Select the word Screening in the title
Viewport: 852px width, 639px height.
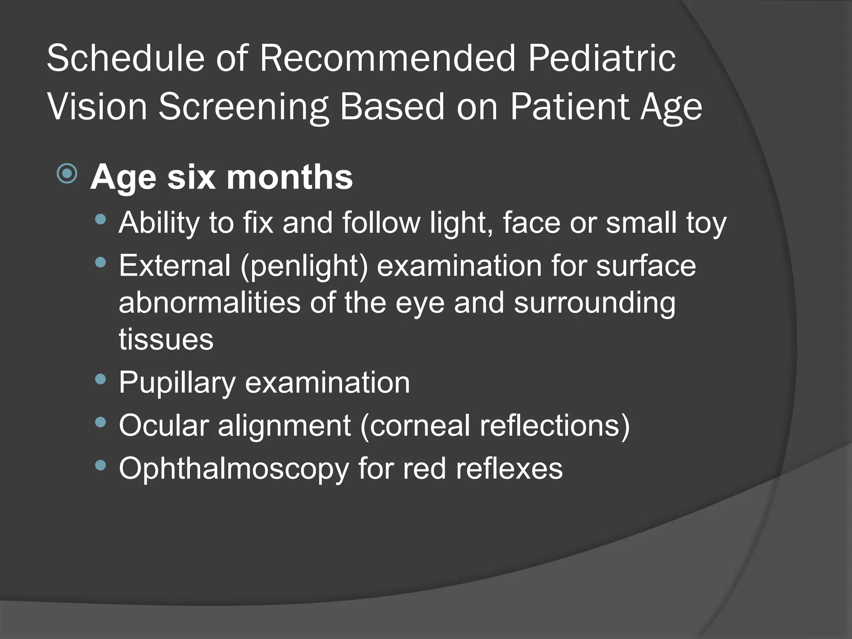click(244, 107)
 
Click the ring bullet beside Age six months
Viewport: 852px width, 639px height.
click(67, 173)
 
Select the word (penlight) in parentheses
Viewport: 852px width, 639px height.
click(304, 267)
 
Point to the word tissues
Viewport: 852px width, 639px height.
click(166, 339)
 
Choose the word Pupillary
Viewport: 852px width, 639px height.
click(177, 383)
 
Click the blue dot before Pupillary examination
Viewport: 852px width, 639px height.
click(100, 379)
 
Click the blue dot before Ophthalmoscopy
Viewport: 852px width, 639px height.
click(100, 465)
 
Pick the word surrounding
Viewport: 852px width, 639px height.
click(594, 303)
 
